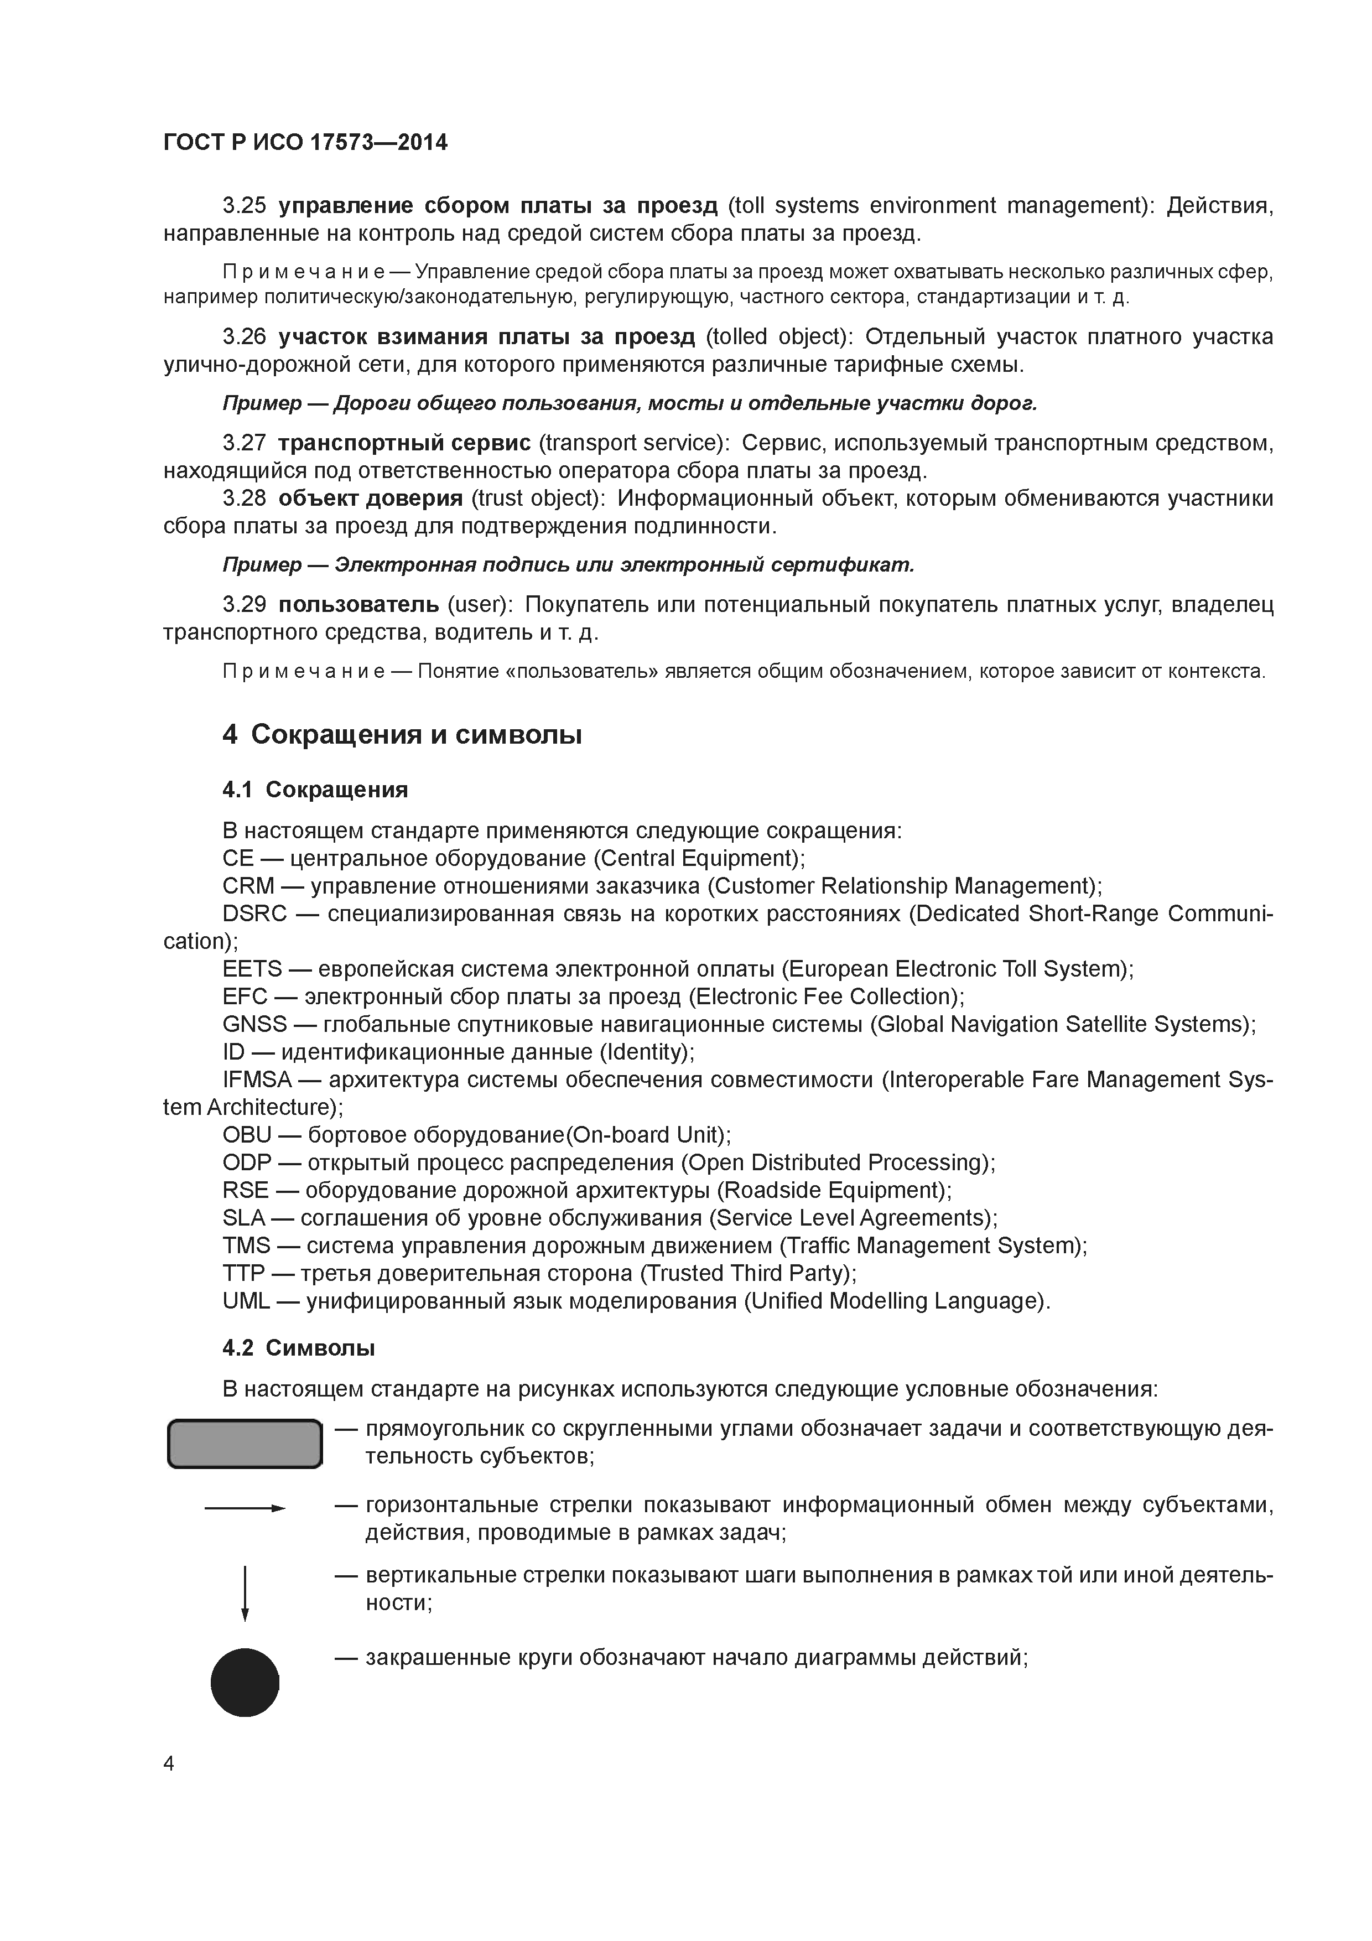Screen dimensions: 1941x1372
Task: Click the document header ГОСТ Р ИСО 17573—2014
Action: (305, 143)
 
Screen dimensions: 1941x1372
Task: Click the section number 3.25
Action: (245, 205)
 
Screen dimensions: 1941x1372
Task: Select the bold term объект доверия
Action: (370, 498)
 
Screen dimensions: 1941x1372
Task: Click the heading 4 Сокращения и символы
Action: (402, 734)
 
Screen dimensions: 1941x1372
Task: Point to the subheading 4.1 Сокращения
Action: (315, 789)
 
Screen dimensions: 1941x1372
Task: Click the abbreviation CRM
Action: (248, 885)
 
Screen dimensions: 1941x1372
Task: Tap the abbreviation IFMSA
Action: (257, 1080)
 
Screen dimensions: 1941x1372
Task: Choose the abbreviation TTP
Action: (245, 1273)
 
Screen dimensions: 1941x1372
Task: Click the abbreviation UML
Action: (246, 1301)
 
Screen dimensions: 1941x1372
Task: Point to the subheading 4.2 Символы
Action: (298, 1347)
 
